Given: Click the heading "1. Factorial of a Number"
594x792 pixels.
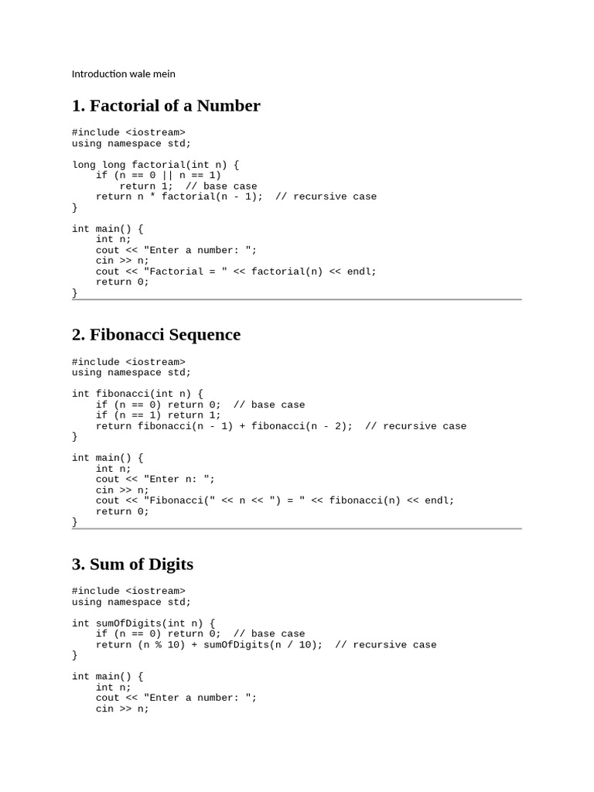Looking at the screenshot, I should [x=166, y=106].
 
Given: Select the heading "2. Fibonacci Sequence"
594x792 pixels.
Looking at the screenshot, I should [x=155, y=335].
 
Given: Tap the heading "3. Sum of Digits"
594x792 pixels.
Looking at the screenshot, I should [x=132, y=565].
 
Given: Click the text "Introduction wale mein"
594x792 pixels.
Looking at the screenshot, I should [x=124, y=74].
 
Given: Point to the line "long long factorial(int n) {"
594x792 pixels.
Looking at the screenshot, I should [x=155, y=165].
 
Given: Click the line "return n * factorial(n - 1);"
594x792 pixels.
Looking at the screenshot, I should [x=179, y=196].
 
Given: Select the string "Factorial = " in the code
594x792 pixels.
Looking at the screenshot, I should [x=183, y=271].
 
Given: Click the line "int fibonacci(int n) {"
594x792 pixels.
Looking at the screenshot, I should [x=138, y=394].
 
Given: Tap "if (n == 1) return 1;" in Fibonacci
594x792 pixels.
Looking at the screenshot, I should [x=159, y=415].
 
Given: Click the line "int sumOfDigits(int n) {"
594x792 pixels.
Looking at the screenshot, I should [x=144, y=623].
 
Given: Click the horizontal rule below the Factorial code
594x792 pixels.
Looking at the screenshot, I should [x=297, y=299].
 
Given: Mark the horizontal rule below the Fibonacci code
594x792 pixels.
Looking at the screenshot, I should [x=297, y=529].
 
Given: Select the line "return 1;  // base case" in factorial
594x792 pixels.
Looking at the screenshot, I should [x=188, y=186].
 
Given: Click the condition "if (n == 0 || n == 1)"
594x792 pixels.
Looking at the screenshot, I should [x=159, y=176].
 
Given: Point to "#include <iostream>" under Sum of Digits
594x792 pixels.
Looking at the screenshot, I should [x=128, y=592].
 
